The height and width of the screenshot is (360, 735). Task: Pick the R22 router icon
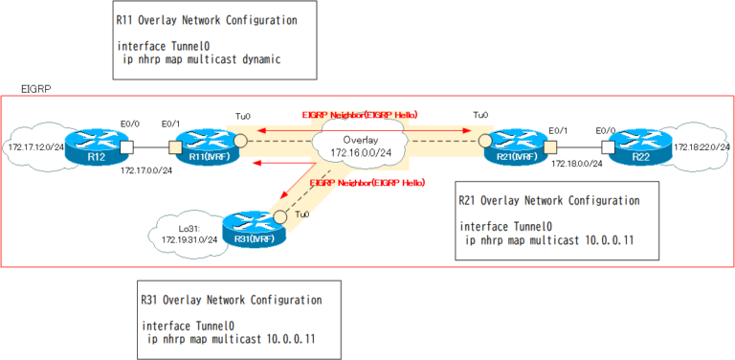[x=636, y=147]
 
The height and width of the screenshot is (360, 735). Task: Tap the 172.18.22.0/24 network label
[x=702, y=147]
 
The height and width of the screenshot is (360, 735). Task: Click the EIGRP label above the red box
[x=35, y=88]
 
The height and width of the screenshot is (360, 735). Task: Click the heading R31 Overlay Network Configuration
[x=231, y=299]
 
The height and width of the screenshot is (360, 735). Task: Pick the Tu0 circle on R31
[x=281, y=215]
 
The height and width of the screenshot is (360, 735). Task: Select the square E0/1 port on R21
[x=552, y=146]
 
